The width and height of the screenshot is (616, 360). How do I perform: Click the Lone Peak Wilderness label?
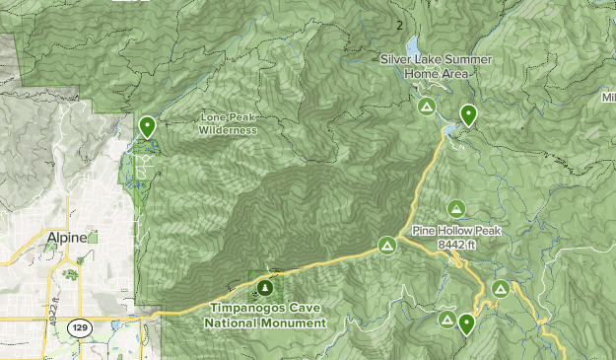tap(228, 122)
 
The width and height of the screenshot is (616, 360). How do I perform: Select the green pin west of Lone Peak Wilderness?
tap(147, 126)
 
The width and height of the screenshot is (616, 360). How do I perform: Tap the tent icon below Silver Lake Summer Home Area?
tap(426, 107)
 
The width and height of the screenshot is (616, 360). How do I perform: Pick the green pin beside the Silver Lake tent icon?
tap(468, 114)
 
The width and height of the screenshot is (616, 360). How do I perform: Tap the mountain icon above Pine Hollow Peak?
tap(455, 208)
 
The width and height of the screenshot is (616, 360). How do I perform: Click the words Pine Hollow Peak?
tap(457, 230)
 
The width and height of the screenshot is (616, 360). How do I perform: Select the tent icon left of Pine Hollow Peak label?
tap(387, 244)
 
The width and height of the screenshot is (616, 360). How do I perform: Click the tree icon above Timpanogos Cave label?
tap(264, 288)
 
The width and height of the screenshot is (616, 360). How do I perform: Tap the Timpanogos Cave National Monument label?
tap(266, 316)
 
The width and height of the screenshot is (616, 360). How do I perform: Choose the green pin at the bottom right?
tap(466, 323)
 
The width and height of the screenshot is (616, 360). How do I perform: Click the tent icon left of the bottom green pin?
tap(447, 320)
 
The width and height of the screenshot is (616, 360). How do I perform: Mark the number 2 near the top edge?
tap(399, 25)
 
